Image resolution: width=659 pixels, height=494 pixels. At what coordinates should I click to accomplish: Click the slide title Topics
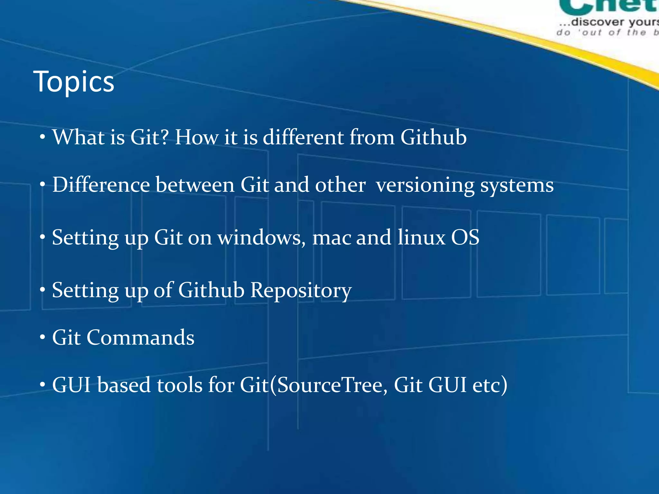(74, 82)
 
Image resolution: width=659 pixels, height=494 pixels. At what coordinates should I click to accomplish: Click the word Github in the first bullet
(433, 137)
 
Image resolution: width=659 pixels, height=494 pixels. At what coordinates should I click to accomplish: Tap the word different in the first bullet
(303, 137)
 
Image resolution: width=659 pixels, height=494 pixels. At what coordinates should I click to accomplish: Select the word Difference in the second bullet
(101, 185)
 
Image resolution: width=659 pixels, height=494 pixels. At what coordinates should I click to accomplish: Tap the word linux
(421, 237)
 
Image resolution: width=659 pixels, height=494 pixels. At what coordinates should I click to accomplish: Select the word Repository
(301, 290)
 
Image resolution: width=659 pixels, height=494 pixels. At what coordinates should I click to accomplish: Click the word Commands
(140, 338)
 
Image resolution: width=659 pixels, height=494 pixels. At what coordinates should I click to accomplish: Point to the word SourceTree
(329, 385)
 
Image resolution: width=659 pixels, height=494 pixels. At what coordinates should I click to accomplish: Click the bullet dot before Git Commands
(42, 338)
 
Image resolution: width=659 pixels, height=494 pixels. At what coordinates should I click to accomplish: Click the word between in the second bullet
(195, 185)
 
